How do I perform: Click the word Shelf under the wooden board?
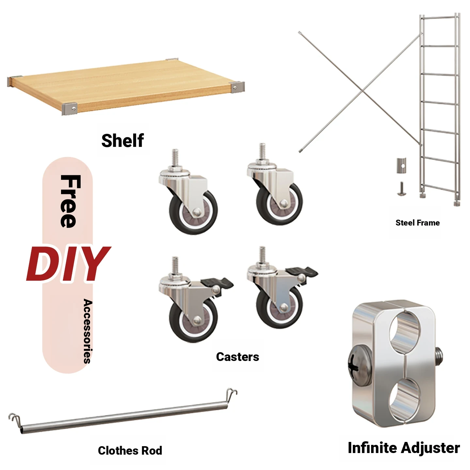click(122, 141)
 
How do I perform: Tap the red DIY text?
click(69, 264)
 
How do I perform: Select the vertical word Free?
click(70, 201)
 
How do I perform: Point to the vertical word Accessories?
click(88, 331)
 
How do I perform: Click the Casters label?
click(238, 357)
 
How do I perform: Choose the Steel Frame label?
click(417, 223)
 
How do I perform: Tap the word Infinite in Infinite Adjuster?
click(373, 448)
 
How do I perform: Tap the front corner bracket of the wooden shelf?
click(70, 109)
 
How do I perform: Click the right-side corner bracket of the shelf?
click(237, 87)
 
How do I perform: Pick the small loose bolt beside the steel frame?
click(401, 189)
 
